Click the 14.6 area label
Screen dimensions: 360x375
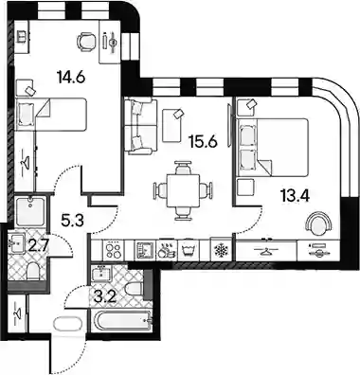click(71, 77)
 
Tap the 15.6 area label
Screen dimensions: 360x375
click(203, 142)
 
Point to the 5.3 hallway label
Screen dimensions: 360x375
click(72, 220)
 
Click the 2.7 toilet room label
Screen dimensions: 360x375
click(38, 246)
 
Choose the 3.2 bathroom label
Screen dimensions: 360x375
click(106, 297)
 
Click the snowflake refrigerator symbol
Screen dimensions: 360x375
click(221, 251)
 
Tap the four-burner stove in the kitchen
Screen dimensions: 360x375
click(114, 251)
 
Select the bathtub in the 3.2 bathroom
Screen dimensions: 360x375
click(121, 321)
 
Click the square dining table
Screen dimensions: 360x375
click(184, 190)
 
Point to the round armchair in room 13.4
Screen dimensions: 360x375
click(319, 223)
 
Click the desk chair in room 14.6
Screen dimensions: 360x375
click(86, 42)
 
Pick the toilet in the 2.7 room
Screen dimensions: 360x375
click(32, 271)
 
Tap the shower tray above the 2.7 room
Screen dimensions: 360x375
click(30, 211)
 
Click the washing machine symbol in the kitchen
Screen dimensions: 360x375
click(189, 251)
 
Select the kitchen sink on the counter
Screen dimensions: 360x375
click(144, 251)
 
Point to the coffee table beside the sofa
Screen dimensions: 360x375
click(172, 125)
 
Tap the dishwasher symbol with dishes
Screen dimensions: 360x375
click(166, 250)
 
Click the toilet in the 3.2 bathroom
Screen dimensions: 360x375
click(134, 289)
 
